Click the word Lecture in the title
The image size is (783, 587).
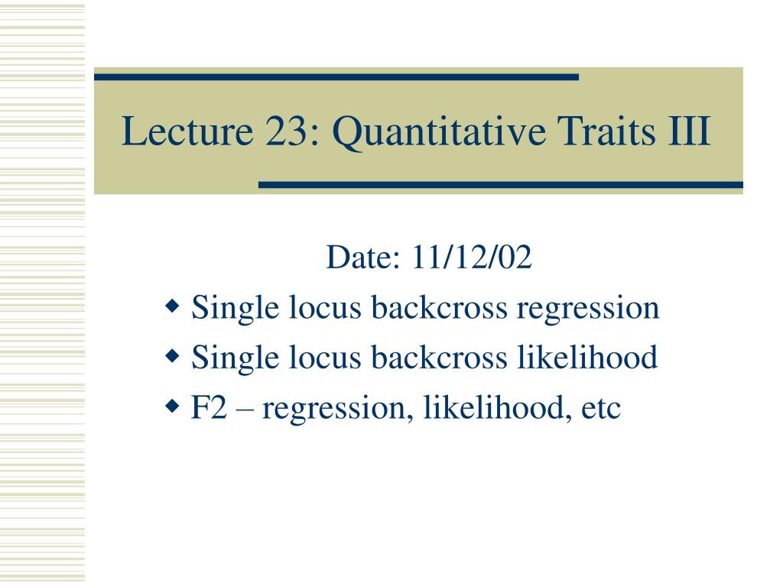(x=188, y=131)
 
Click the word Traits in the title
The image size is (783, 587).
(x=606, y=131)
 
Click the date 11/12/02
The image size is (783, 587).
(x=472, y=257)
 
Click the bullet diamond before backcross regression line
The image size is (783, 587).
(x=172, y=306)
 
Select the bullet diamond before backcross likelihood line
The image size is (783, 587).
(x=172, y=356)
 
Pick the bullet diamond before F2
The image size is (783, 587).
(x=172, y=407)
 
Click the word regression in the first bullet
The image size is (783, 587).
(x=588, y=309)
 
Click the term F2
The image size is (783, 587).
(x=210, y=407)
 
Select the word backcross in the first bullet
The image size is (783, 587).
(x=439, y=307)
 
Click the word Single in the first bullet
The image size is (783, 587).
(x=236, y=309)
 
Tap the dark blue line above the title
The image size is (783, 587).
(x=336, y=77)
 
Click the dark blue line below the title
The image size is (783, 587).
(x=501, y=185)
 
